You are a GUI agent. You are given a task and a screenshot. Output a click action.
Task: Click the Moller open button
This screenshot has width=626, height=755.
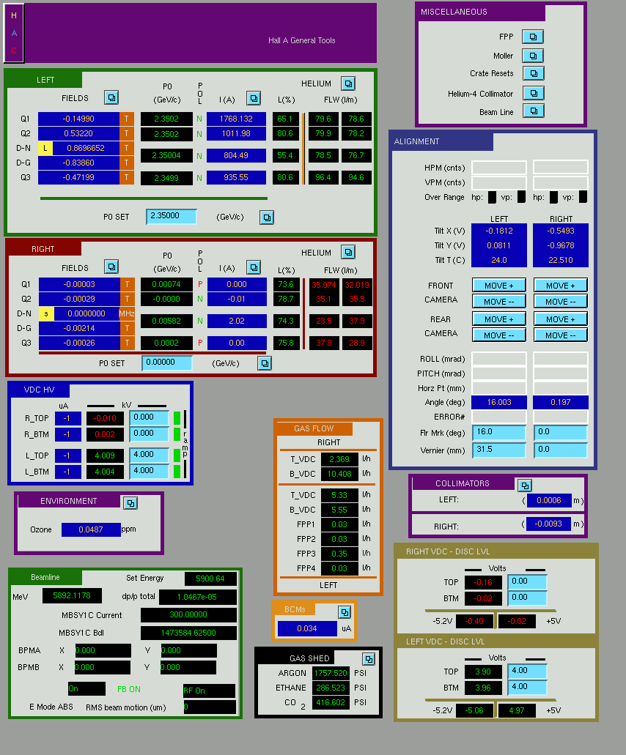pos(533,56)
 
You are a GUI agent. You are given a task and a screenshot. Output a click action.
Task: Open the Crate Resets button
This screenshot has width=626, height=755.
pos(533,74)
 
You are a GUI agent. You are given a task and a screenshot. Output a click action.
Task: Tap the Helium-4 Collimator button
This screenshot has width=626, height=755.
pos(533,93)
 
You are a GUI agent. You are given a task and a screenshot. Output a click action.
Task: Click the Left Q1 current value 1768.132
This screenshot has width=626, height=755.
pos(236,119)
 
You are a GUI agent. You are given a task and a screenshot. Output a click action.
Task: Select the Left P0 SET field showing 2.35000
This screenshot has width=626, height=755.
pos(172,216)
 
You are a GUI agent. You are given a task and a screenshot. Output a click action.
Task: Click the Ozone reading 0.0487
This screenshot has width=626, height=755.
pos(91,529)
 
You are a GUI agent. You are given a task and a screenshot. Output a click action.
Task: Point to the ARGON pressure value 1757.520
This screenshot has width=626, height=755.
pos(331,673)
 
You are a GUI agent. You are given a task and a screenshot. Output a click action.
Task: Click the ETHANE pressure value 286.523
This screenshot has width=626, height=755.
pos(331,688)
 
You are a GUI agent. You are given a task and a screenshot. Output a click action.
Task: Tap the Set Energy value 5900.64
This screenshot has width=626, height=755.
pos(210,579)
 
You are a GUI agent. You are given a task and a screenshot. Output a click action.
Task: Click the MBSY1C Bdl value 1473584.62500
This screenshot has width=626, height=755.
pos(188,633)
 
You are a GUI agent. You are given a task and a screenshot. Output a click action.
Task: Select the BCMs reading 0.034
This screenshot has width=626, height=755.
pos(307,628)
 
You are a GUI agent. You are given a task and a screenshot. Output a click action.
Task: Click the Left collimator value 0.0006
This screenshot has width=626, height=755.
pos(549,500)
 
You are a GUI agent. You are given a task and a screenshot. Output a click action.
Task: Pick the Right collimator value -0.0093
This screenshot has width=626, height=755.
pos(549,524)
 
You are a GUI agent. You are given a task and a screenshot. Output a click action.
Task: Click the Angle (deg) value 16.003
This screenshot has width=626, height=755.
pos(498,402)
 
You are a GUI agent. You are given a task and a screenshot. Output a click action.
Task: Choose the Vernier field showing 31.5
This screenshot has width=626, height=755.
pos(498,450)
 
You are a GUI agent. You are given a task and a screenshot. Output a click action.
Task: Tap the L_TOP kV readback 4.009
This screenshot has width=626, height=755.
pos(105,455)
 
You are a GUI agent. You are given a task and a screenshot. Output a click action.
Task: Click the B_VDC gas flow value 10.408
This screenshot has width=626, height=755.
pos(339,474)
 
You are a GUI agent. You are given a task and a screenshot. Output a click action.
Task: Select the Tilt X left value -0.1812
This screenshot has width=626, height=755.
pos(498,231)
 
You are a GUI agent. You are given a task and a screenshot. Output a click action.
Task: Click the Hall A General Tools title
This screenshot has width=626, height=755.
pos(302,40)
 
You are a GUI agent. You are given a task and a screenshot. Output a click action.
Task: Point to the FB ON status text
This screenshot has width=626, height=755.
pos(129,689)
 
